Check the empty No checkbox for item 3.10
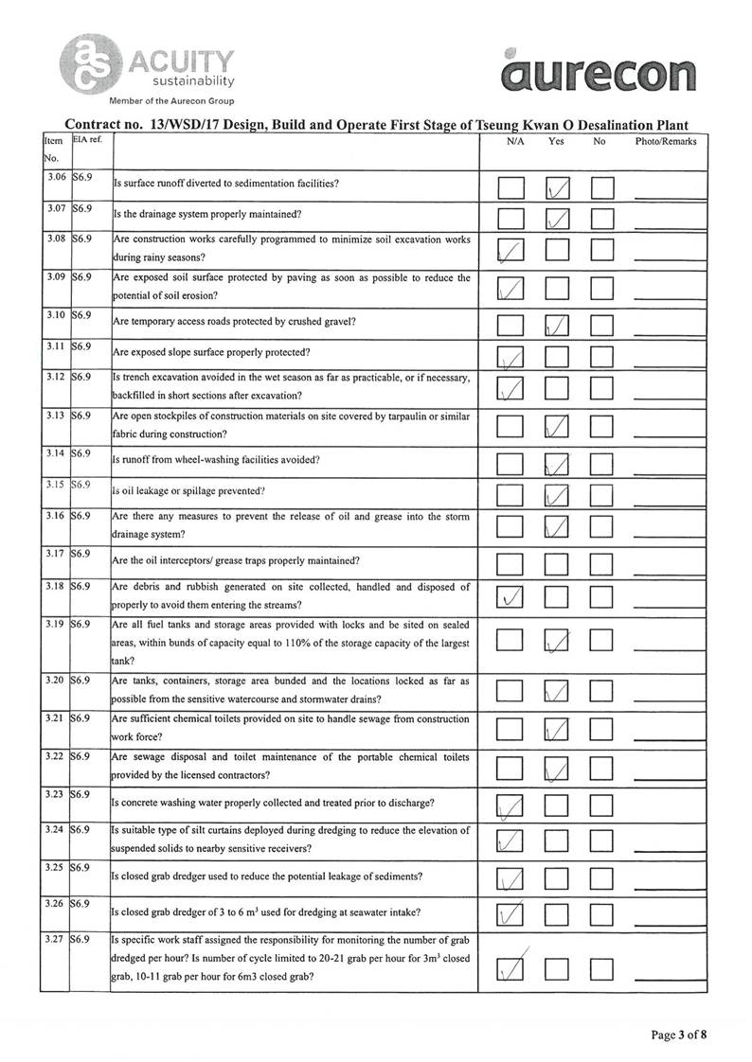602,327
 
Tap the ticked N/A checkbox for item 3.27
510,967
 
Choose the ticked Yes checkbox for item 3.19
557,642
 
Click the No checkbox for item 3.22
602,767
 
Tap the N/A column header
515,142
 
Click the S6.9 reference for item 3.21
81,719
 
